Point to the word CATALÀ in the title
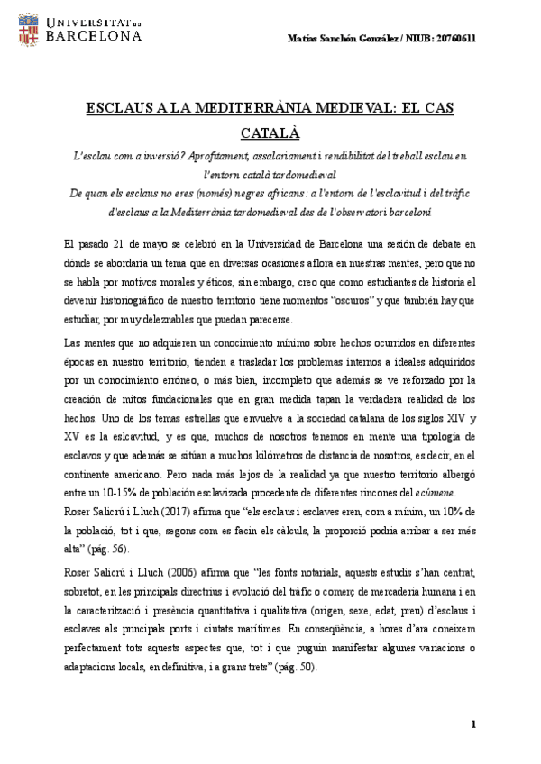click(x=270, y=132)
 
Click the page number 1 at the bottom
click(x=473, y=725)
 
